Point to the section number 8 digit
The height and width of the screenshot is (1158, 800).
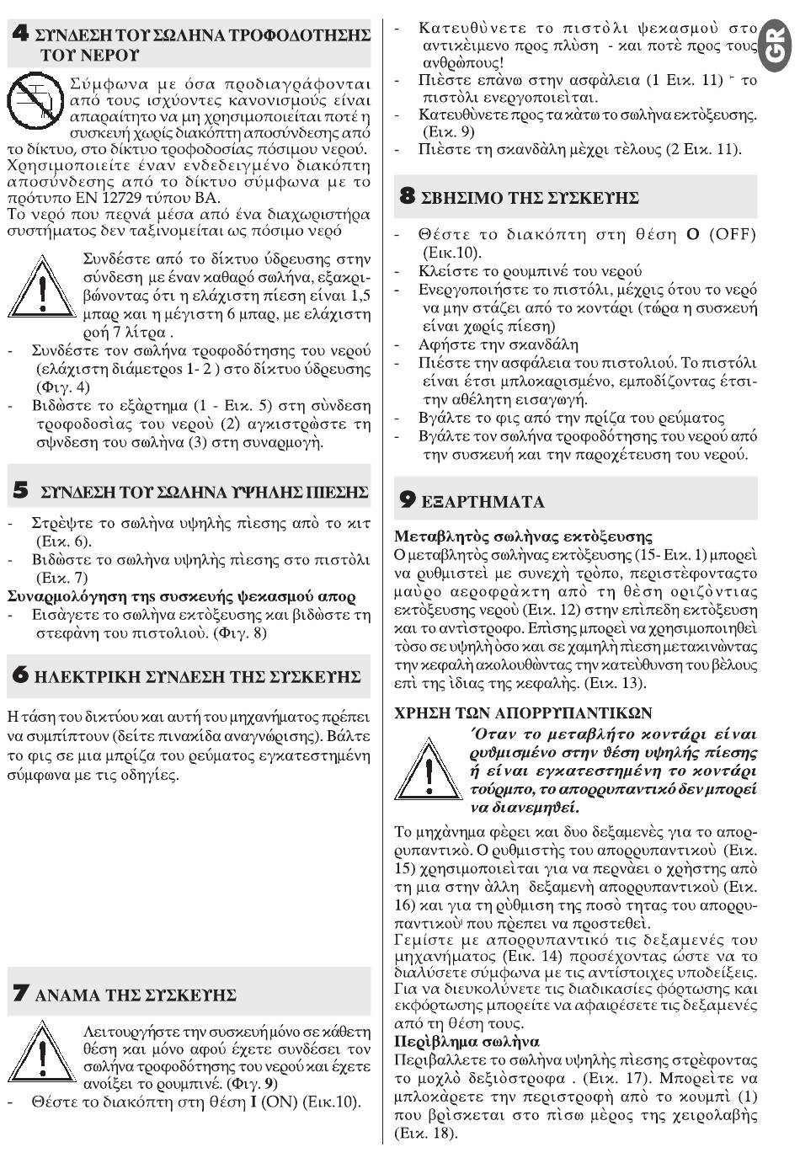pos(408,197)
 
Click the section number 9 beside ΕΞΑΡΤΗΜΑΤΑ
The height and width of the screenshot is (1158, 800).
pos(408,500)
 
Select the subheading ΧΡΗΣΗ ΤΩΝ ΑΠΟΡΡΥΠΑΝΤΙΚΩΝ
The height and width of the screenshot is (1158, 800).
pos(523,712)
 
